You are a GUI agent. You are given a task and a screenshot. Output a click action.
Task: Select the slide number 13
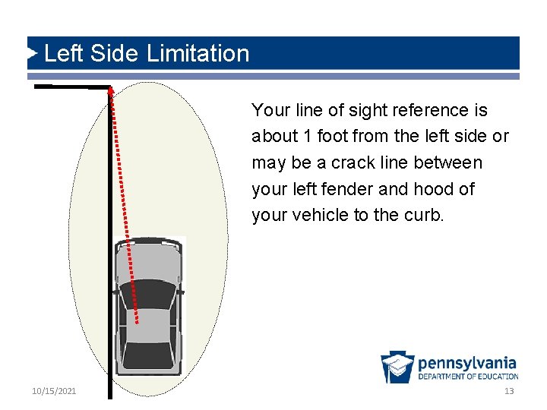point(509,390)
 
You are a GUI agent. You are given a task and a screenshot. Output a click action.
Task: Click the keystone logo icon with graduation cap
point(397,367)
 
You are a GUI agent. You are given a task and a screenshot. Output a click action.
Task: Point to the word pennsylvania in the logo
point(466,362)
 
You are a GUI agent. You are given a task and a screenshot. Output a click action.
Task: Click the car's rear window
point(148,354)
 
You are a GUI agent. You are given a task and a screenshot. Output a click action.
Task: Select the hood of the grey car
point(148,258)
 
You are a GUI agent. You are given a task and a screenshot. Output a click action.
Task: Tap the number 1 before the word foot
point(306,137)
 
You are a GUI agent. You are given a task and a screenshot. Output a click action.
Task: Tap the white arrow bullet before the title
point(32,53)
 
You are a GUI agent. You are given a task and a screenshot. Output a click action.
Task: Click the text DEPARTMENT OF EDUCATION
point(467,377)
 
